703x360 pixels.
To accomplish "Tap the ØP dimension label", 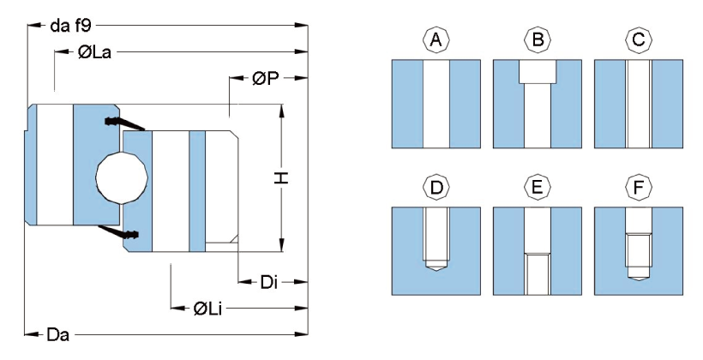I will (x=265, y=79).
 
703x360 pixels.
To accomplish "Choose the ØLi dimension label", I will (x=208, y=307).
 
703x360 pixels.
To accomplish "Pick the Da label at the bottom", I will (x=57, y=333).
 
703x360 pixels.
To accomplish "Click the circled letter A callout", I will (x=436, y=39).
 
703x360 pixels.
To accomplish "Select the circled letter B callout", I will (x=538, y=39).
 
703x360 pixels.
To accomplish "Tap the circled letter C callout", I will (x=639, y=39).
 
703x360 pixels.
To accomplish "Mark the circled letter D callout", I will (x=436, y=186).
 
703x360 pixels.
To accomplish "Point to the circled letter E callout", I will (x=538, y=186).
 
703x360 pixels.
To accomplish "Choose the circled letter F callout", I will (x=639, y=186).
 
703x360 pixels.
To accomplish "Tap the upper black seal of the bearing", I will (x=117, y=122).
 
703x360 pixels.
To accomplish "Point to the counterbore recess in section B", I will (x=538, y=71).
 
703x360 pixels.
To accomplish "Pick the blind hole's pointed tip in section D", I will (x=436, y=266).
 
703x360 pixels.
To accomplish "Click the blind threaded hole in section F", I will (x=639, y=253).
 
